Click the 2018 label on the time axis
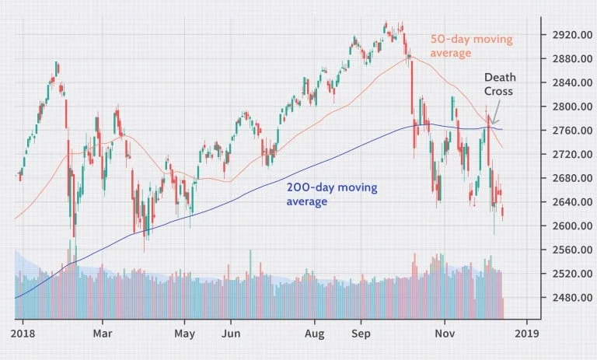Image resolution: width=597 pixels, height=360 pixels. tap(23, 334)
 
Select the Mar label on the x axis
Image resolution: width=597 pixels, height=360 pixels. tap(103, 334)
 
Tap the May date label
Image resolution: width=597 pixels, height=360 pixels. tap(185, 334)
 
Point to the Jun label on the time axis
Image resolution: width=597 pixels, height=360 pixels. tap(231, 334)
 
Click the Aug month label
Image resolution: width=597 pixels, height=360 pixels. tap(315, 334)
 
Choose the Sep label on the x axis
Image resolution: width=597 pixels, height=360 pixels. tap(361, 334)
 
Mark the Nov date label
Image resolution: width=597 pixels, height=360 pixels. tap(445, 334)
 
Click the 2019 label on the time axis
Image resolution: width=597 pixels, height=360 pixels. tap(527, 334)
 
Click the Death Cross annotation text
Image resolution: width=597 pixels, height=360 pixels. tap(500, 84)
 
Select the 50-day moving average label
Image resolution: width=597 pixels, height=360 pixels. tap(471, 46)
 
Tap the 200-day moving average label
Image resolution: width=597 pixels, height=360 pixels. tap(332, 194)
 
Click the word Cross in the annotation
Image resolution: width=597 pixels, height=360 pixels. tap(498, 92)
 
